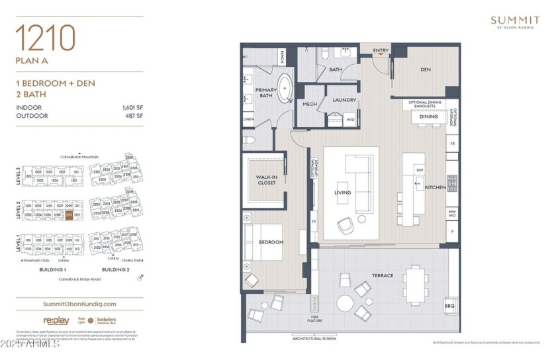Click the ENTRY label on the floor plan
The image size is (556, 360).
coord(381,50)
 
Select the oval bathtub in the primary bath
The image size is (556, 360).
coord(285,89)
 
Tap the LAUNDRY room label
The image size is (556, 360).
coord(344,101)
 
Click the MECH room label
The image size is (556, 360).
coord(308,105)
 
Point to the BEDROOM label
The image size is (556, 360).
coord(271,242)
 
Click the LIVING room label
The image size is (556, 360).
coord(343,193)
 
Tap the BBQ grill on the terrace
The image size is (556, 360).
coord(449,306)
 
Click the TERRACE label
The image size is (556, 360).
coord(382,275)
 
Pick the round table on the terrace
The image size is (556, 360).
coord(345,303)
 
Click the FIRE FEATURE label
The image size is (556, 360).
coord(315,318)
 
